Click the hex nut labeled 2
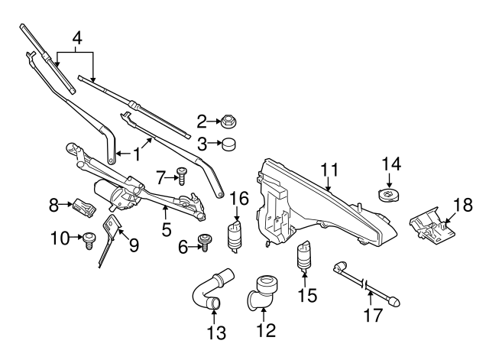pyautogui.click(x=228, y=121)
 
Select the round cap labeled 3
pyautogui.click(x=228, y=144)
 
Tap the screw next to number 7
pyautogui.click(x=182, y=177)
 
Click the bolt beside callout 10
pyautogui.click(x=89, y=241)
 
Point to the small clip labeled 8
pyautogui.click(x=84, y=207)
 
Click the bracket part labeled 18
pyautogui.click(x=432, y=225)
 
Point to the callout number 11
pyautogui.click(x=330, y=170)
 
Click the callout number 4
pyautogui.click(x=77, y=38)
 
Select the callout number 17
pyautogui.click(x=373, y=315)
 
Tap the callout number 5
pyautogui.click(x=167, y=229)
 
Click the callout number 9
pyautogui.click(x=134, y=245)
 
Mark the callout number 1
pyautogui.click(x=138, y=154)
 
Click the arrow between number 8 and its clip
pyautogui.click(x=66, y=204)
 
